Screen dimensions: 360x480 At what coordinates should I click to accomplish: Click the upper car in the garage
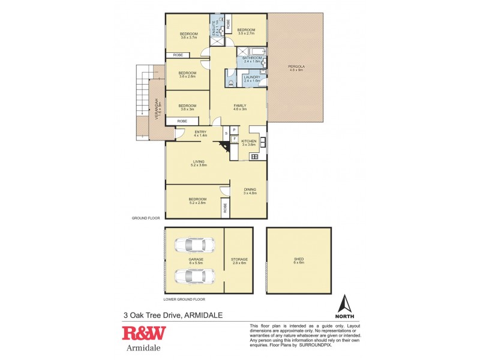coord(193,246)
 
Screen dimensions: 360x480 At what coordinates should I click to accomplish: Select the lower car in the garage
coord(193,276)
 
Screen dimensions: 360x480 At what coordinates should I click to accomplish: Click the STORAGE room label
coord(239,259)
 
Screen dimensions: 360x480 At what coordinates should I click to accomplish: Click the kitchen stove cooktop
coord(254,157)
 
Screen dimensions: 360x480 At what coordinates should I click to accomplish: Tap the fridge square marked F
coord(235,139)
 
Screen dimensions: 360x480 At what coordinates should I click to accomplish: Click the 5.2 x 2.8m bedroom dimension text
coord(198,203)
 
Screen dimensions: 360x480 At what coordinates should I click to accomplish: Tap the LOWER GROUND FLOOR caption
coord(184,299)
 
